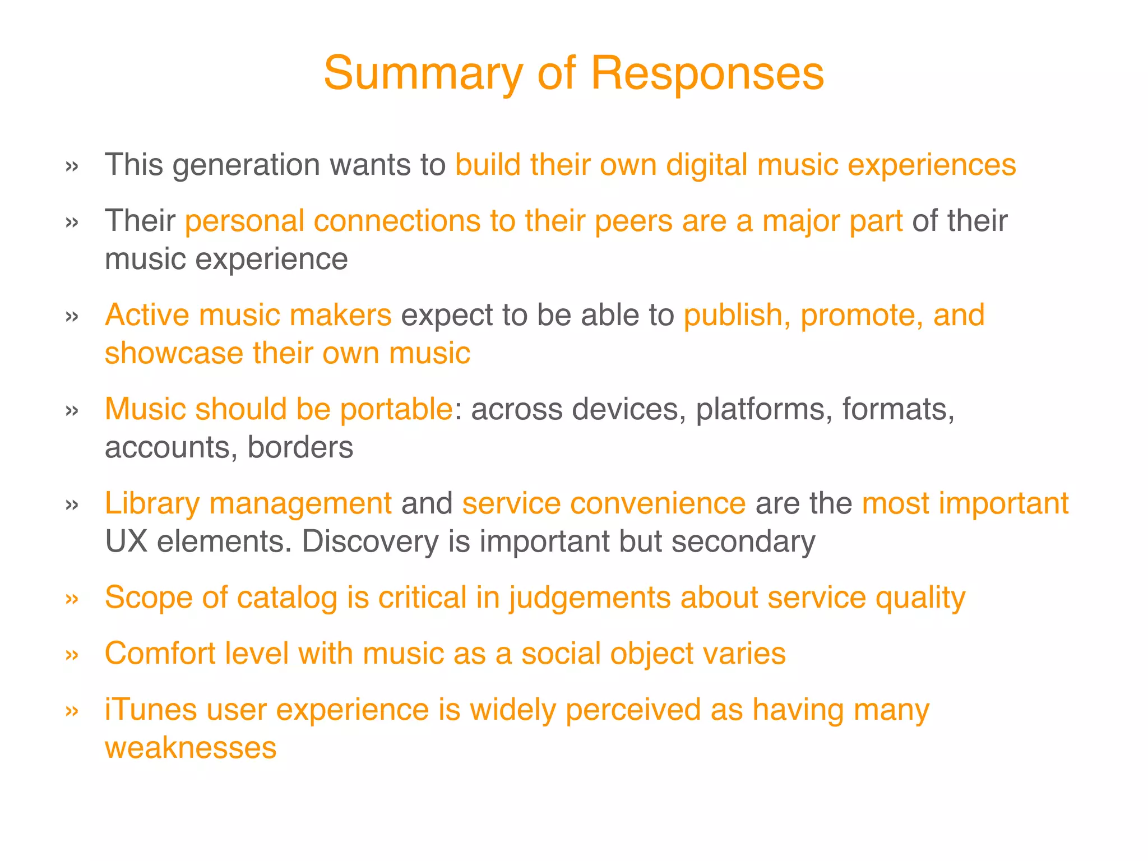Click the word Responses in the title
click(x=707, y=73)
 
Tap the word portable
click(x=396, y=409)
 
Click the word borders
click(x=300, y=447)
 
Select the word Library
click(x=152, y=503)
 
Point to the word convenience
click(x=604, y=503)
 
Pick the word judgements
click(x=590, y=598)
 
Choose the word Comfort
click(x=160, y=654)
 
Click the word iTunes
click(x=151, y=710)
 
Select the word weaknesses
click(x=191, y=748)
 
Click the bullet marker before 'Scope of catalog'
click(x=72, y=599)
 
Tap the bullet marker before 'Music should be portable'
click(x=72, y=410)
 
